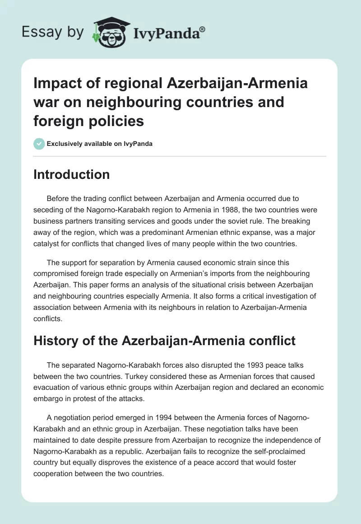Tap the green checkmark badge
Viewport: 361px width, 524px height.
[x=39, y=144]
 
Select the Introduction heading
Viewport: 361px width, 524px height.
[x=71, y=175]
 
